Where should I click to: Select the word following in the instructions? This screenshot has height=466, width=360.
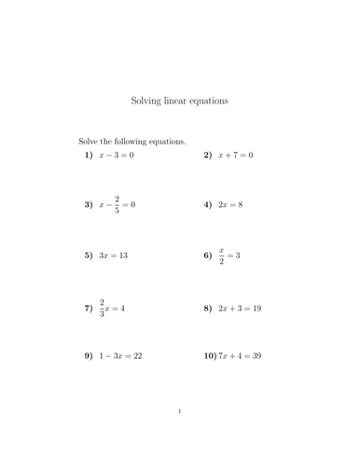139,142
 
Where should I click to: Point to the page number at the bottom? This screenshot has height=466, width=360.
179,437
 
